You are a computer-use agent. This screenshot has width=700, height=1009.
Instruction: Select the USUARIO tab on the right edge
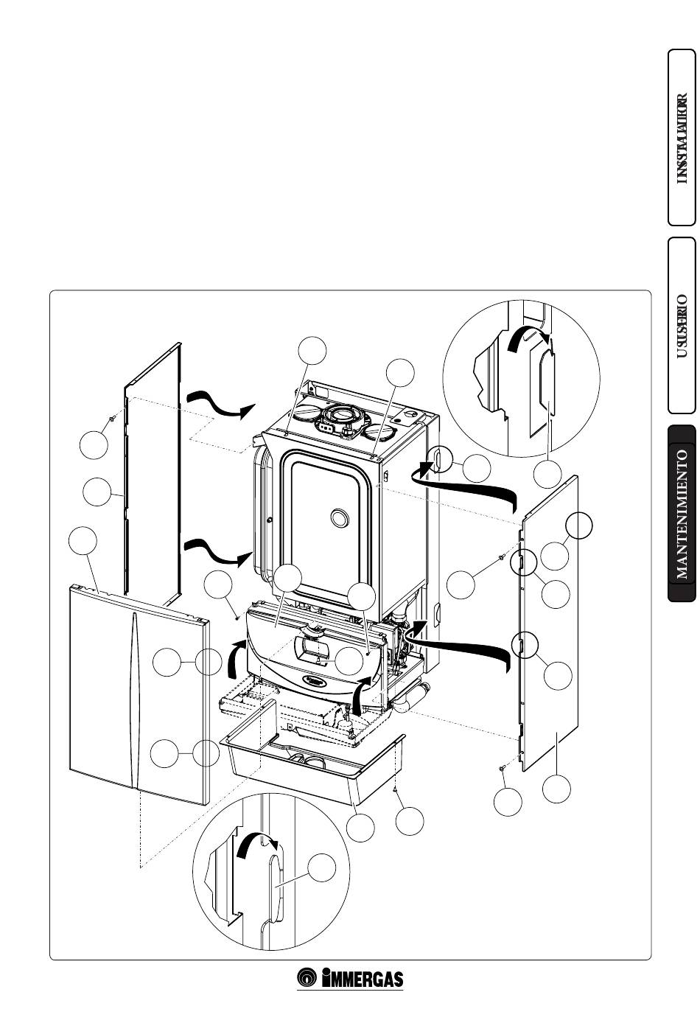click(x=682, y=325)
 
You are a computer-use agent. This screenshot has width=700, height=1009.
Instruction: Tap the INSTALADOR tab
click(x=682, y=137)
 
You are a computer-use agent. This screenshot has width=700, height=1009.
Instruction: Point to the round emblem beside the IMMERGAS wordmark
click(x=307, y=978)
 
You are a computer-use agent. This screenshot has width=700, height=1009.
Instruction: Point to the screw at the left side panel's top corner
click(x=112, y=419)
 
